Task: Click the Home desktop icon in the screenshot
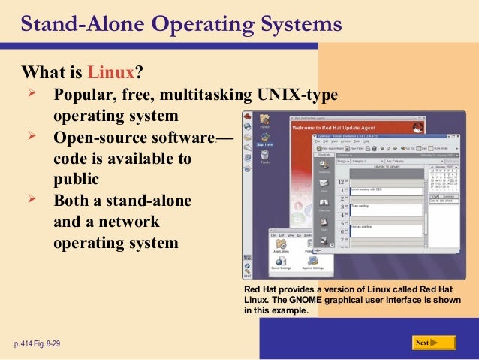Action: point(264,119)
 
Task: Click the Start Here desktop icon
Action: point(264,139)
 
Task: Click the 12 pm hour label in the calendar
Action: point(342,183)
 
